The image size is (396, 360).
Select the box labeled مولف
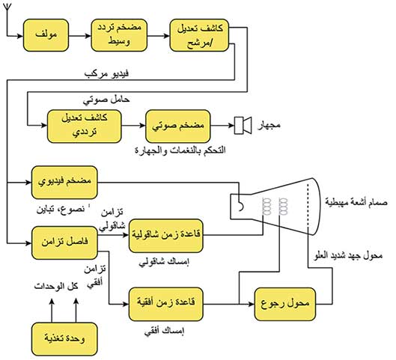[46, 35]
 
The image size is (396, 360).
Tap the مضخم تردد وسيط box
[119, 35]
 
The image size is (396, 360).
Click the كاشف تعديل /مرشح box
[199, 35]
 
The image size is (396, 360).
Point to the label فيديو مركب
[106, 74]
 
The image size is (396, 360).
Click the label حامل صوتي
[106, 100]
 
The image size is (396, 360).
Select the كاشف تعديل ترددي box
[85, 126]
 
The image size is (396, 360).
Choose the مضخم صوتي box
[178, 126]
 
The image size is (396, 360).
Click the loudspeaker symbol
[243, 125]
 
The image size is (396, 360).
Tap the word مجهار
[269, 125]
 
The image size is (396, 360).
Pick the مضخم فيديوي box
[64, 183]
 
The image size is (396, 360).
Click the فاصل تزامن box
[64, 242]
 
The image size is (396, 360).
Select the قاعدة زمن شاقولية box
[166, 236]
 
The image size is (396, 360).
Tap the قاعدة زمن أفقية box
[166, 304]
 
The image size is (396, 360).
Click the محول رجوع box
[285, 304]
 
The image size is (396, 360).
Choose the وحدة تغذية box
[64, 339]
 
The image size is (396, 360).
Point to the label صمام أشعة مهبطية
[356, 203]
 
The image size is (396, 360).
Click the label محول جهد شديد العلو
[348, 256]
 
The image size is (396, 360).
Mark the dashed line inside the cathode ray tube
[308, 207]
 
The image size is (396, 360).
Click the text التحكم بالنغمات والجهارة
[180, 150]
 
